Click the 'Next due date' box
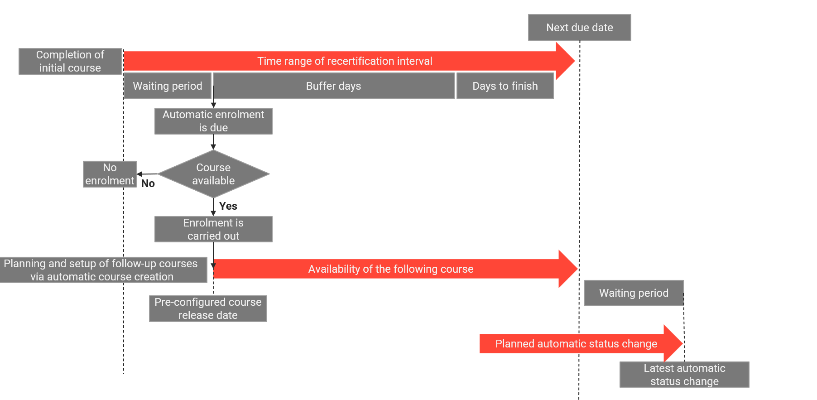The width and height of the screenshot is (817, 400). click(579, 28)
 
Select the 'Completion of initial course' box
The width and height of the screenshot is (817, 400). click(70, 61)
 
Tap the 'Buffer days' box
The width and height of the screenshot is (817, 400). click(334, 86)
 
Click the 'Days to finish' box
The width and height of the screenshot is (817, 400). click(505, 86)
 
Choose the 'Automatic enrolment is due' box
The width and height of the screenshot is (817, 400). click(213, 121)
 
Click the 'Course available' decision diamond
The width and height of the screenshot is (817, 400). click(213, 174)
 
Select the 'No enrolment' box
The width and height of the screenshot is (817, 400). click(110, 174)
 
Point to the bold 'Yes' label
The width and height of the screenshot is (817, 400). click(228, 206)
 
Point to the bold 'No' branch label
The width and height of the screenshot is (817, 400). click(148, 183)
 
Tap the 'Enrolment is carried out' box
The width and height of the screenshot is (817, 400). click(213, 229)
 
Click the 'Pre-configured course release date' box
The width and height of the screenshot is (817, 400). click(208, 308)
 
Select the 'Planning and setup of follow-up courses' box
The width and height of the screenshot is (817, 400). click(102, 270)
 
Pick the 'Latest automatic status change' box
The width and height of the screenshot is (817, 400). click(684, 375)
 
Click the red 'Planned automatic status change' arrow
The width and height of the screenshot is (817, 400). click(576, 344)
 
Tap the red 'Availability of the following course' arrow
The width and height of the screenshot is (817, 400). click(390, 269)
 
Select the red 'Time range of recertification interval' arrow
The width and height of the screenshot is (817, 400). click(344, 61)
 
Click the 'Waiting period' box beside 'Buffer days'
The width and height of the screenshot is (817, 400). click(168, 86)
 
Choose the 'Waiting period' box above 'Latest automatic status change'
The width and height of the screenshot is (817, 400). click(634, 293)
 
